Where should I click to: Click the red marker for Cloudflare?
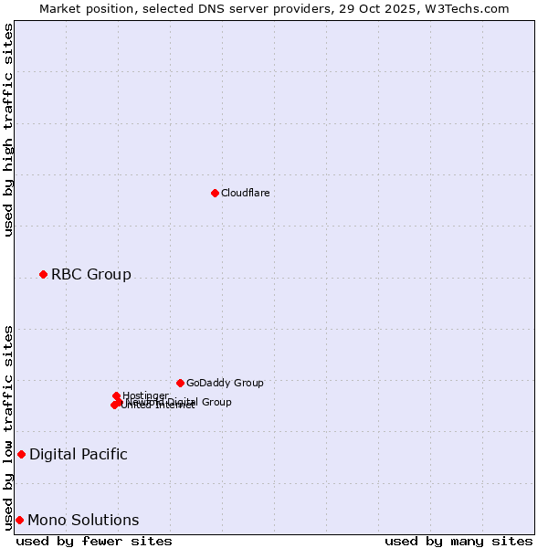215,193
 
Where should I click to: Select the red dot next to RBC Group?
43,274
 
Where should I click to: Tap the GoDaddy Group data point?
180,383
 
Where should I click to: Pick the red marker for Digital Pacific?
21,454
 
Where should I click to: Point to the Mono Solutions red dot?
19,520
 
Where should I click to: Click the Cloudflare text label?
245,193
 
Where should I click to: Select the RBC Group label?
90,274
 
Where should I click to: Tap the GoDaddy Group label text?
225,383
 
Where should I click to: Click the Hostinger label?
145,395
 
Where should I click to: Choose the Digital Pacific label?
78,454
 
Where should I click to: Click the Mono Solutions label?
83,520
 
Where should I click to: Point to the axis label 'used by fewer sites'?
94,541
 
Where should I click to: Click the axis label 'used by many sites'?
458,541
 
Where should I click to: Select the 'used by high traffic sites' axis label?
8,130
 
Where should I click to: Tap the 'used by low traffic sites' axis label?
8,427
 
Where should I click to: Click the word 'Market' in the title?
60,8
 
